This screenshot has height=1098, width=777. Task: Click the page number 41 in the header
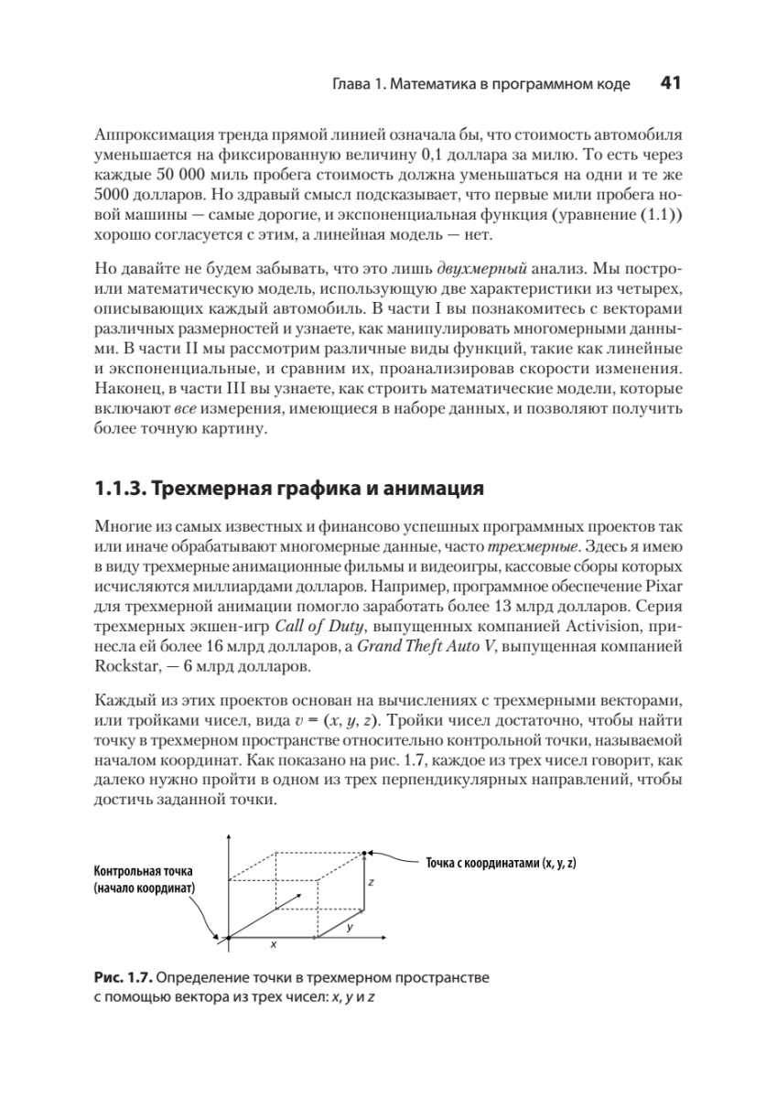click(x=669, y=84)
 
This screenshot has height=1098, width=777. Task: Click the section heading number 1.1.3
click(x=118, y=487)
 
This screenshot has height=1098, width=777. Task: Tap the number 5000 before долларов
click(x=112, y=194)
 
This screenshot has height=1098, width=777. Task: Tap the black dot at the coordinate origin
click(x=228, y=938)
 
